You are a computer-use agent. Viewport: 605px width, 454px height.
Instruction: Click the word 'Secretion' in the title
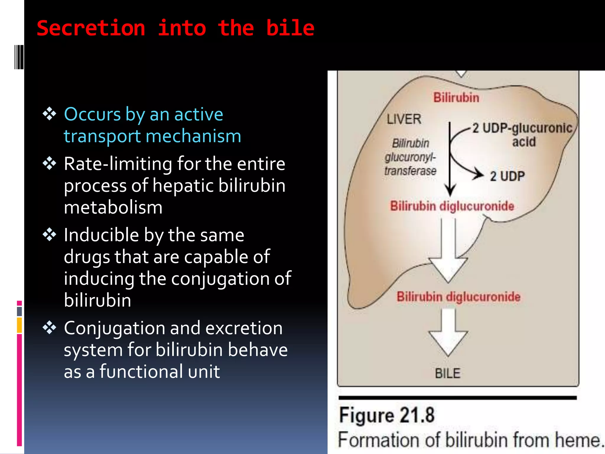point(91,29)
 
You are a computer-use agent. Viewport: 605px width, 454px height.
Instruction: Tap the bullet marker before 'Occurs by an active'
point(49,114)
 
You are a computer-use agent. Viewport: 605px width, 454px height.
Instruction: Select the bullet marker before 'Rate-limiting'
point(49,163)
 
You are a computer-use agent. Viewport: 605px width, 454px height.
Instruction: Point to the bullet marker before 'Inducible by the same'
point(49,235)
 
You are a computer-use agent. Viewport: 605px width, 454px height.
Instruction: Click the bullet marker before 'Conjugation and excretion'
point(49,327)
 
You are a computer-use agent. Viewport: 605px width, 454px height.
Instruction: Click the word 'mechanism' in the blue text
point(193,136)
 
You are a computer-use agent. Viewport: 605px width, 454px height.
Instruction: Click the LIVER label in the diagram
point(404,119)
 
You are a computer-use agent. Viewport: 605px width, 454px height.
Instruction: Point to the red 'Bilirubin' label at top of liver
point(456,98)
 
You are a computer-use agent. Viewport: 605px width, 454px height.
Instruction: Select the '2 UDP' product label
point(507,176)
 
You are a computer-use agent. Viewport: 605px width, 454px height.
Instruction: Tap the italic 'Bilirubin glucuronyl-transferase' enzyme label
point(410,157)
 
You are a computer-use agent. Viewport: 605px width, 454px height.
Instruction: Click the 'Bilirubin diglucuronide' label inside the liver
point(452,206)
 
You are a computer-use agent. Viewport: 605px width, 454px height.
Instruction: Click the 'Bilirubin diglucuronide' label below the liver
point(458,297)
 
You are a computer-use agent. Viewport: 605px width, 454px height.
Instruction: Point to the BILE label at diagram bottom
point(448,373)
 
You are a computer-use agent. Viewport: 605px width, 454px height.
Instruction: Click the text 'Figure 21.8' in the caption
point(386,415)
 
